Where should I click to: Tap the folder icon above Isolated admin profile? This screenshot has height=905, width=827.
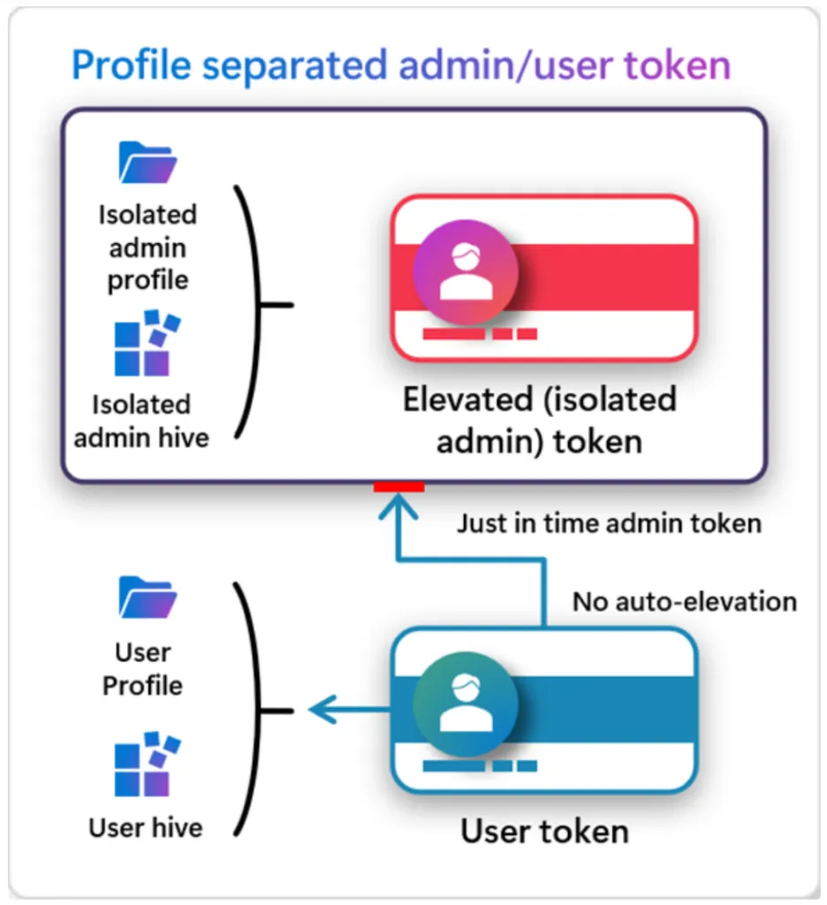click(148, 163)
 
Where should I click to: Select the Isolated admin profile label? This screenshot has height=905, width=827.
click(148, 247)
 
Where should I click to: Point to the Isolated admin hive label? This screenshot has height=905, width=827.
click(141, 421)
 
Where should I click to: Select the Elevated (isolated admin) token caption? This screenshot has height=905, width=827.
click(539, 420)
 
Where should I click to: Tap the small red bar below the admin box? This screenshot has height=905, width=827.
click(398, 487)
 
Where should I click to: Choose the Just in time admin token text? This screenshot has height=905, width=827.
click(609, 523)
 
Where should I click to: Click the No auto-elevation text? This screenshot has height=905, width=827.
click(685, 602)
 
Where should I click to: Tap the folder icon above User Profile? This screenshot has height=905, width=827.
click(148, 598)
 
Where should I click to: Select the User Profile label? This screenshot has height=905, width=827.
click(142, 669)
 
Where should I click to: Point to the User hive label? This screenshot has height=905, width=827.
click(145, 827)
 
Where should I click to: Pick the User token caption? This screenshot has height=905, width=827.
click(544, 832)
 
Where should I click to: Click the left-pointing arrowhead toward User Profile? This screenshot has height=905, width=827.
click(320, 709)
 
